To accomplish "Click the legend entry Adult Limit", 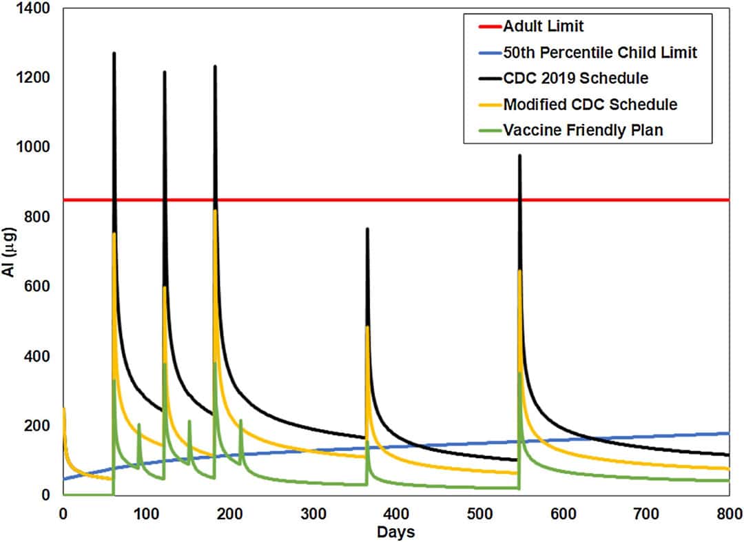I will (543, 27).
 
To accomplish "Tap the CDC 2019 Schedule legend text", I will (575, 78).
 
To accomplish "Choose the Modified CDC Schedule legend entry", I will (590, 104).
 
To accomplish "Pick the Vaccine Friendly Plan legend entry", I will (583, 129).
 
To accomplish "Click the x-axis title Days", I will (395, 532).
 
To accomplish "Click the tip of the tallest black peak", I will (114, 53).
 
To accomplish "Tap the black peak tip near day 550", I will (519, 156).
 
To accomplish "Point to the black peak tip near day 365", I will (367, 229).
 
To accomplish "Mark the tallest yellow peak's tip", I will (215, 211).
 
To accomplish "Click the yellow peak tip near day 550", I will (519, 271).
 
